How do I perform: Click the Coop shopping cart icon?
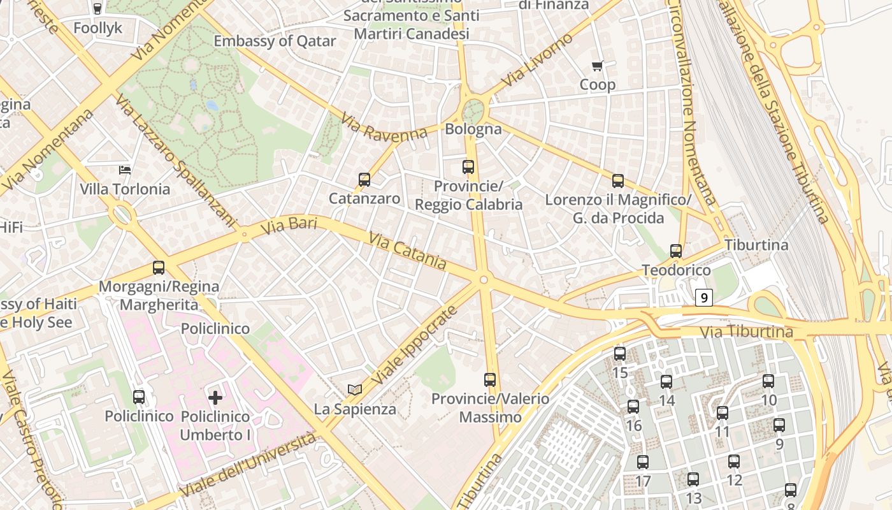tap(598, 65)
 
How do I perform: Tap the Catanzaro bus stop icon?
tap(364, 180)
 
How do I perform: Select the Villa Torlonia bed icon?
tap(126, 170)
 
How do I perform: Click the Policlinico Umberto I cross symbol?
tap(215, 398)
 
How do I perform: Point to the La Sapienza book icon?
tap(354, 389)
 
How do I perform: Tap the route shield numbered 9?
tap(703, 297)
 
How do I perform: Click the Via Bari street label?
tap(289, 225)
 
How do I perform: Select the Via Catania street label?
tap(407, 250)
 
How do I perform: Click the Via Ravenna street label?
tap(384, 126)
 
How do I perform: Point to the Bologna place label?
tap(473, 129)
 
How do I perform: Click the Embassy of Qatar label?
tap(275, 41)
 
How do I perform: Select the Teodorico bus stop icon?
tap(676, 251)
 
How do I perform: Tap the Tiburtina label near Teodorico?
tap(756, 245)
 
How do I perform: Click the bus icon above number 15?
tap(620, 353)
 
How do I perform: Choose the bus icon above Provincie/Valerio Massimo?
tap(490, 380)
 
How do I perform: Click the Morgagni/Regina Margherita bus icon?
tap(159, 268)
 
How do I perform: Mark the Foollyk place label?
tap(97, 28)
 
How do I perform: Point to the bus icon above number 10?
tap(768, 381)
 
